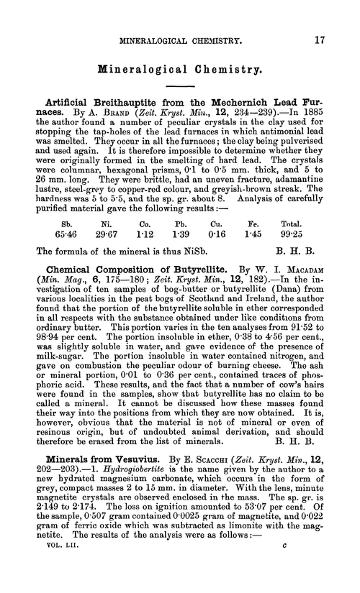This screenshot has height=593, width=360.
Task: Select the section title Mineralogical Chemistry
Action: (179, 70)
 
